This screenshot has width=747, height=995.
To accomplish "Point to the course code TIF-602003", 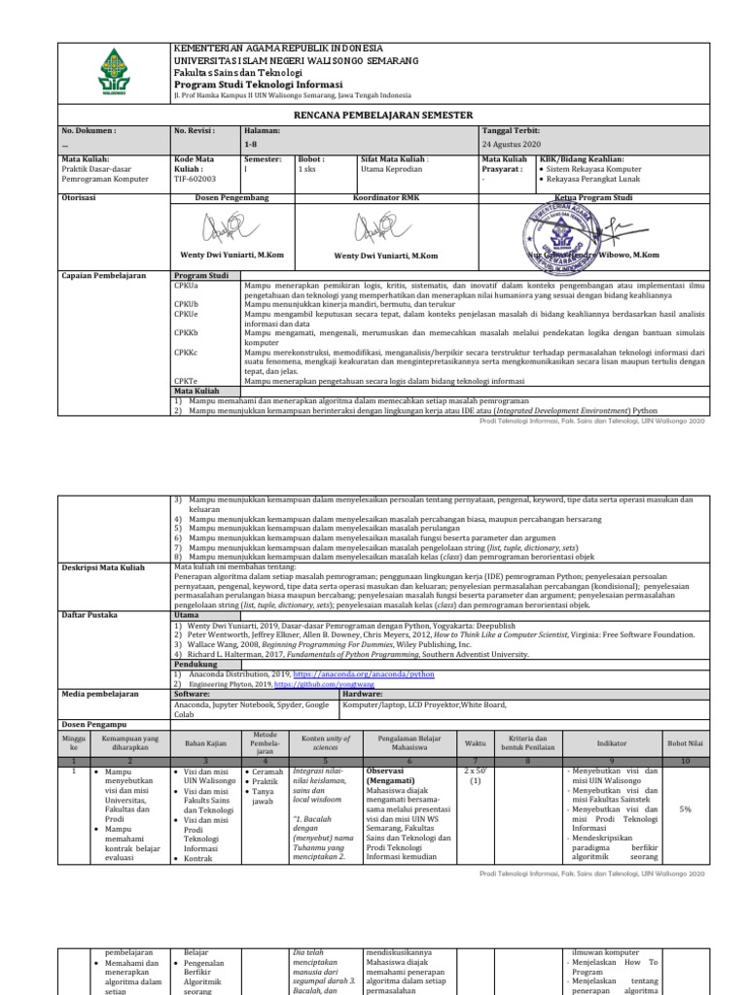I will [196, 180].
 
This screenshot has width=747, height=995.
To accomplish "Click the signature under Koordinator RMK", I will [385, 229].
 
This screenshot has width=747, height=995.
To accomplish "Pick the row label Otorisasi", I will [82, 196].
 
